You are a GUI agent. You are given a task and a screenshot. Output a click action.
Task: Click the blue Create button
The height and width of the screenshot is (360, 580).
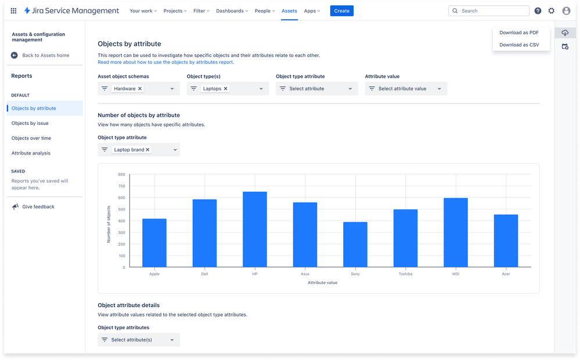pos(341,10)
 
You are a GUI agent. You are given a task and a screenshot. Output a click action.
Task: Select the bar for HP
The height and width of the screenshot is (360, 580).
pos(255,229)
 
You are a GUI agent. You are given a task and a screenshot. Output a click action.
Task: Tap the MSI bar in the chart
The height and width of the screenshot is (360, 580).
pos(456,232)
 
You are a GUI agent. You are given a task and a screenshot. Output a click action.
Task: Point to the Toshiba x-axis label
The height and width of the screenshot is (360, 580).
pos(405,274)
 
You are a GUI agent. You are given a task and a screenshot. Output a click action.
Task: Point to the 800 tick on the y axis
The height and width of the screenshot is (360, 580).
pos(121,174)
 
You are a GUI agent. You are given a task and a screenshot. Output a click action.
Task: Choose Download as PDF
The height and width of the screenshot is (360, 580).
pos(519,33)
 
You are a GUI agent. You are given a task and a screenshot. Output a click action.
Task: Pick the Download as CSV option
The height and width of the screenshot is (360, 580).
pos(519,45)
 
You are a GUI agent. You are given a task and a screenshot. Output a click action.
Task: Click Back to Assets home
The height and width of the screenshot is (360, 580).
pos(45,55)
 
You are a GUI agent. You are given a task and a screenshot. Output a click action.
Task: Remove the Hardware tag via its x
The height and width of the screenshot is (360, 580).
pos(140,89)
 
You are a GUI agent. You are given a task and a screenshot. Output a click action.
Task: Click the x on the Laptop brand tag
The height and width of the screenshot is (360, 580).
pos(147,150)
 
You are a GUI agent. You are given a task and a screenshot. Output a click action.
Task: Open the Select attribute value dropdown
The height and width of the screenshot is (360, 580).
pos(406,89)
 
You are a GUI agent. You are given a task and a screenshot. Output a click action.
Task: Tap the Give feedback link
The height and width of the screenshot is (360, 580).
pos(38,207)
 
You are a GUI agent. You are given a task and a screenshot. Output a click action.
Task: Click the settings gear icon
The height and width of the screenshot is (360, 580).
pos(551,10)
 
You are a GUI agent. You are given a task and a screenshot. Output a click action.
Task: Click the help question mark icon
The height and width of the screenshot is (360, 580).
pos(538,10)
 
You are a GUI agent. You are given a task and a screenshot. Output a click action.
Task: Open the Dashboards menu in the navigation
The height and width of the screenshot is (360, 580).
pos(232,10)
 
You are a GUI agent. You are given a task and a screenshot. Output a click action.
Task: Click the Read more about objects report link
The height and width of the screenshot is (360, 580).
pos(165,62)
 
